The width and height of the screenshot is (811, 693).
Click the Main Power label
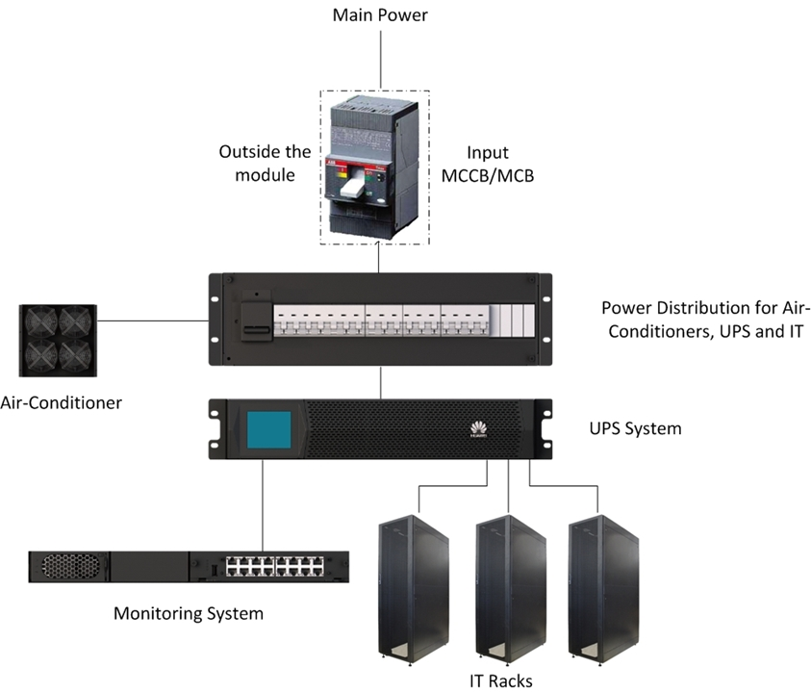(380, 15)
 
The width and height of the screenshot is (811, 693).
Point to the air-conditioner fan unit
(59, 340)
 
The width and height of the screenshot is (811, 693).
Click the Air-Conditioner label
(62, 402)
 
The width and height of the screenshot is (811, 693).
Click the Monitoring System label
(188, 613)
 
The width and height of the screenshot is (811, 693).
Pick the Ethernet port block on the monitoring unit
(272, 567)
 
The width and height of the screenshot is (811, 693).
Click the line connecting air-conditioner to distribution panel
(154, 321)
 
